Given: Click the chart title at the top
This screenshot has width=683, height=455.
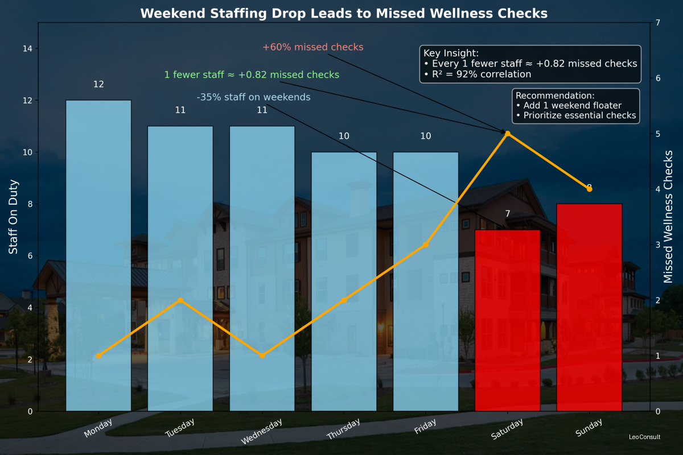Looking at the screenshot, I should click(344, 13).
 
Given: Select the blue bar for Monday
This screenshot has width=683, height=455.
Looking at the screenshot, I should click(98, 256).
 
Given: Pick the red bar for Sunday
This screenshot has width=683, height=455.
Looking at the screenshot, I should click(589, 307).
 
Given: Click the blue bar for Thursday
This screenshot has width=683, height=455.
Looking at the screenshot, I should click(344, 282).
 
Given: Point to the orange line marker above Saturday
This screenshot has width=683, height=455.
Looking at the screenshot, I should click(507, 134).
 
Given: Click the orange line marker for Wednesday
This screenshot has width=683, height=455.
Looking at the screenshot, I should click(262, 355).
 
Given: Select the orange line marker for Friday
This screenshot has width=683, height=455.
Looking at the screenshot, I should click(425, 245).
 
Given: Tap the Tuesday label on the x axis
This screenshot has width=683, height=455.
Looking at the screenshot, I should click(180, 428).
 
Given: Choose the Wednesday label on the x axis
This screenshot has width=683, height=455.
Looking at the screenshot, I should click(261, 432).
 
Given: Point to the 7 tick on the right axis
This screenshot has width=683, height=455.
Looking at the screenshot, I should click(657, 23).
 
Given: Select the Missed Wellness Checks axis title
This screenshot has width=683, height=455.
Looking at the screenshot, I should click(669, 227).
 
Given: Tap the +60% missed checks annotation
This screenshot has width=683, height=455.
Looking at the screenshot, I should click(312, 47).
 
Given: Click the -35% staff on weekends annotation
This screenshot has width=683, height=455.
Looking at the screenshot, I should click(253, 97).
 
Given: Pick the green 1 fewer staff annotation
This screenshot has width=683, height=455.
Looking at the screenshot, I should click(252, 75).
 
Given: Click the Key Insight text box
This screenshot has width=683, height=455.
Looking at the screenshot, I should click(530, 64).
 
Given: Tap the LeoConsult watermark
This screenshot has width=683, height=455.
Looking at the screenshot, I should click(644, 437).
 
